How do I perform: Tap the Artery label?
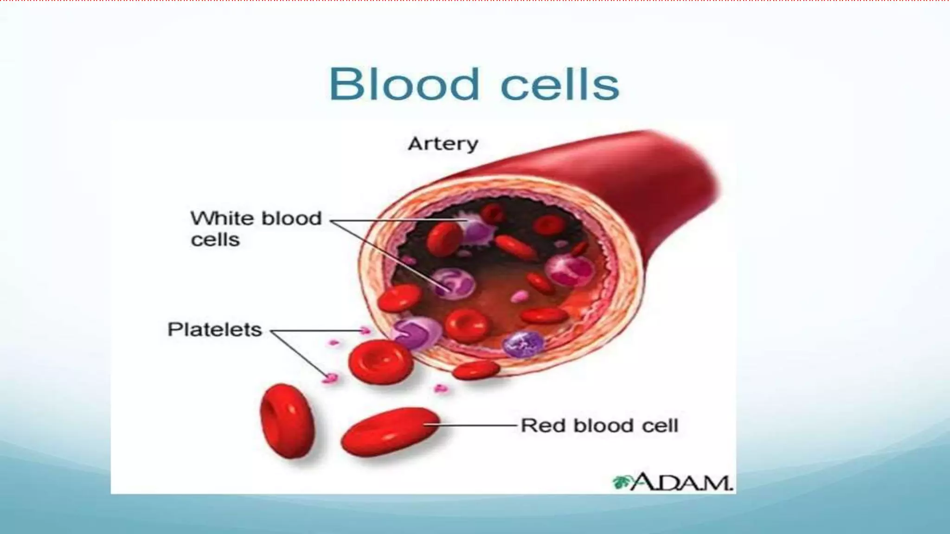pos(443,144)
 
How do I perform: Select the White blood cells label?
pos(256,229)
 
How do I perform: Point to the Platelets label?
pos(214,330)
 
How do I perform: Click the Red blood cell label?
pos(599,426)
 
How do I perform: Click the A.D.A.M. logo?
pos(673,482)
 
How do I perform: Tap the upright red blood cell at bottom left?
pos(287,420)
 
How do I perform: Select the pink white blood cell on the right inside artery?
pos(570,270)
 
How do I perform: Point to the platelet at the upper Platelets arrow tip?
pos(366,331)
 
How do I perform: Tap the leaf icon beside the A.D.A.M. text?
pos(620,483)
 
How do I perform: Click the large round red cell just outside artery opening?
pos(380,362)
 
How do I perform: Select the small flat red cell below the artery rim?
pos(476,370)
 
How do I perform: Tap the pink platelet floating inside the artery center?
pos(520,296)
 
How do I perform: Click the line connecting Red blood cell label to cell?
pos(478,425)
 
